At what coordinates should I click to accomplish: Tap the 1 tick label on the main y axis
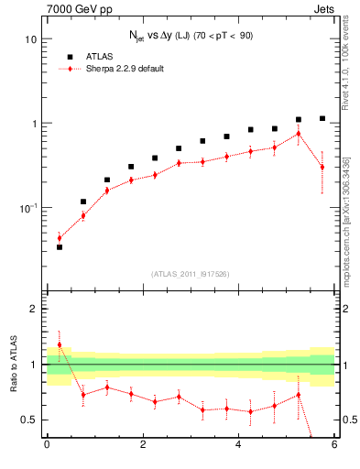point(34,124)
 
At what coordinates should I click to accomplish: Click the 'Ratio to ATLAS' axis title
point(13,365)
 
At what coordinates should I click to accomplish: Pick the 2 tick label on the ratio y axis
point(34,309)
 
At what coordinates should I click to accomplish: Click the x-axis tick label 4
point(238,445)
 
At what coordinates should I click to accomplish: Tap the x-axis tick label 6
point(334,445)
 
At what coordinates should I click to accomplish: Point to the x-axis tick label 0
point(47,445)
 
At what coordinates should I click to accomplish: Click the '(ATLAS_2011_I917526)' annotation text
point(191,273)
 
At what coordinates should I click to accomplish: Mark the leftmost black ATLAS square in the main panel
point(60,247)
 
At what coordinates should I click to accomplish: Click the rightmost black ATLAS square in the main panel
point(322,118)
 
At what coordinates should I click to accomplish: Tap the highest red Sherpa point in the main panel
point(299,134)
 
